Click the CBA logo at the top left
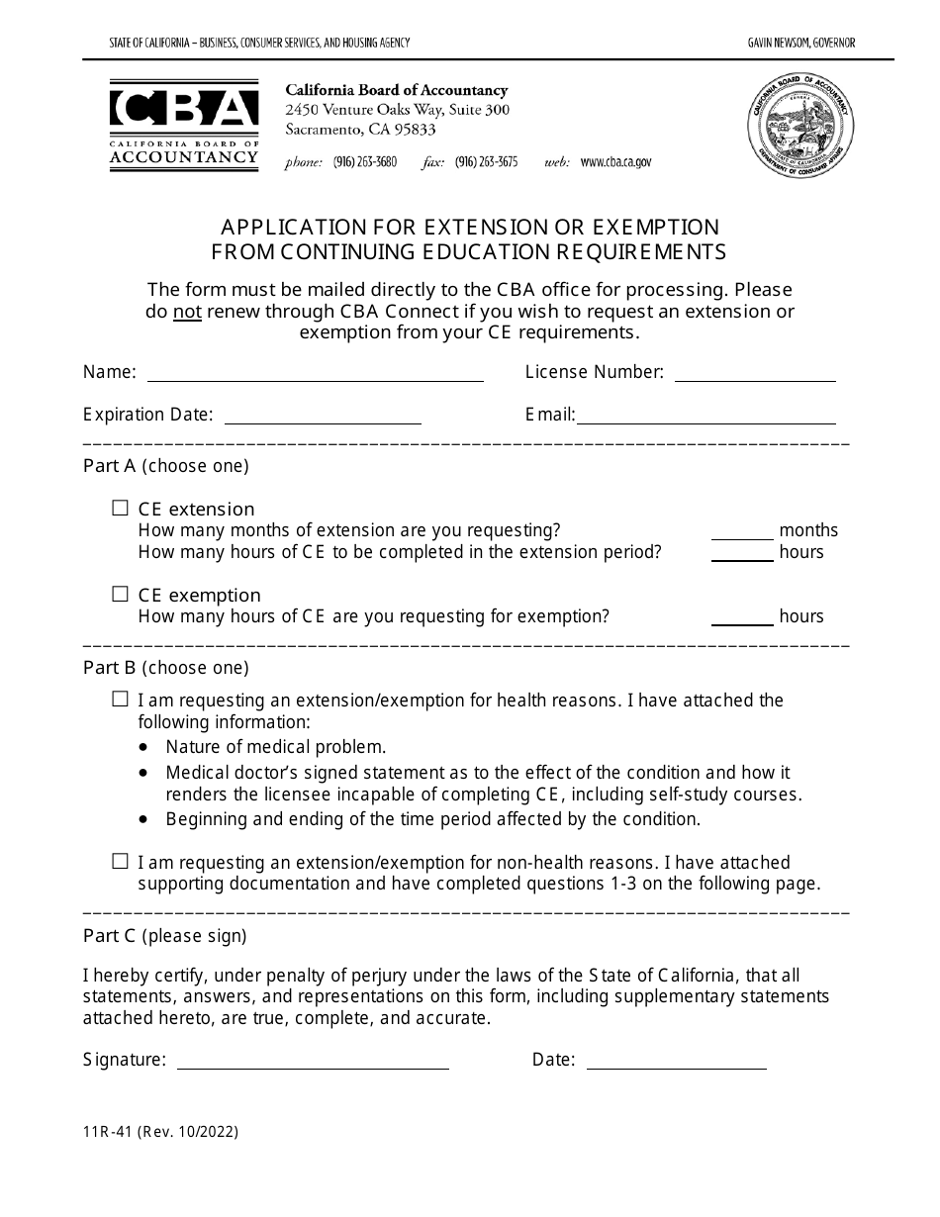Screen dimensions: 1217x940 [x=184, y=125]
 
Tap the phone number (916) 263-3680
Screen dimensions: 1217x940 [x=364, y=162]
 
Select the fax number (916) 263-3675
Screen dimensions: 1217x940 [x=486, y=162]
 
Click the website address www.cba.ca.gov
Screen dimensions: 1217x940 [x=615, y=162]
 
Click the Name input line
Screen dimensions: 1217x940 [x=315, y=374]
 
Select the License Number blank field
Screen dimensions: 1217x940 [x=754, y=374]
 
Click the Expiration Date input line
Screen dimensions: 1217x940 [x=323, y=416]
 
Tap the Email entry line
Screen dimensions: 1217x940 [x=706, y=416]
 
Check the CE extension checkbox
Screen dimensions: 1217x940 [x=121, y=509]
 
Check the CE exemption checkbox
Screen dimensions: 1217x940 [x=121, y=595]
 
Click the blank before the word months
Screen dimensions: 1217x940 [x=742, y=531]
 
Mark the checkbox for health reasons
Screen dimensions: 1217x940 [x=121, y=700]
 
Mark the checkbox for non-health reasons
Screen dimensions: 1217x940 [x=121, y=862]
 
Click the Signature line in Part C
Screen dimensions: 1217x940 [x=312, y=1061]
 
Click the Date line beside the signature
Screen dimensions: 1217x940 [x=677, y=1061]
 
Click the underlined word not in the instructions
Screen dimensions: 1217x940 [x=186, y=312]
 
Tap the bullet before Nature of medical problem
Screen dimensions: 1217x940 [x=146, y=747]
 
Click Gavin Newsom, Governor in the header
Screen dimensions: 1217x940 [x=801, y=43]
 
